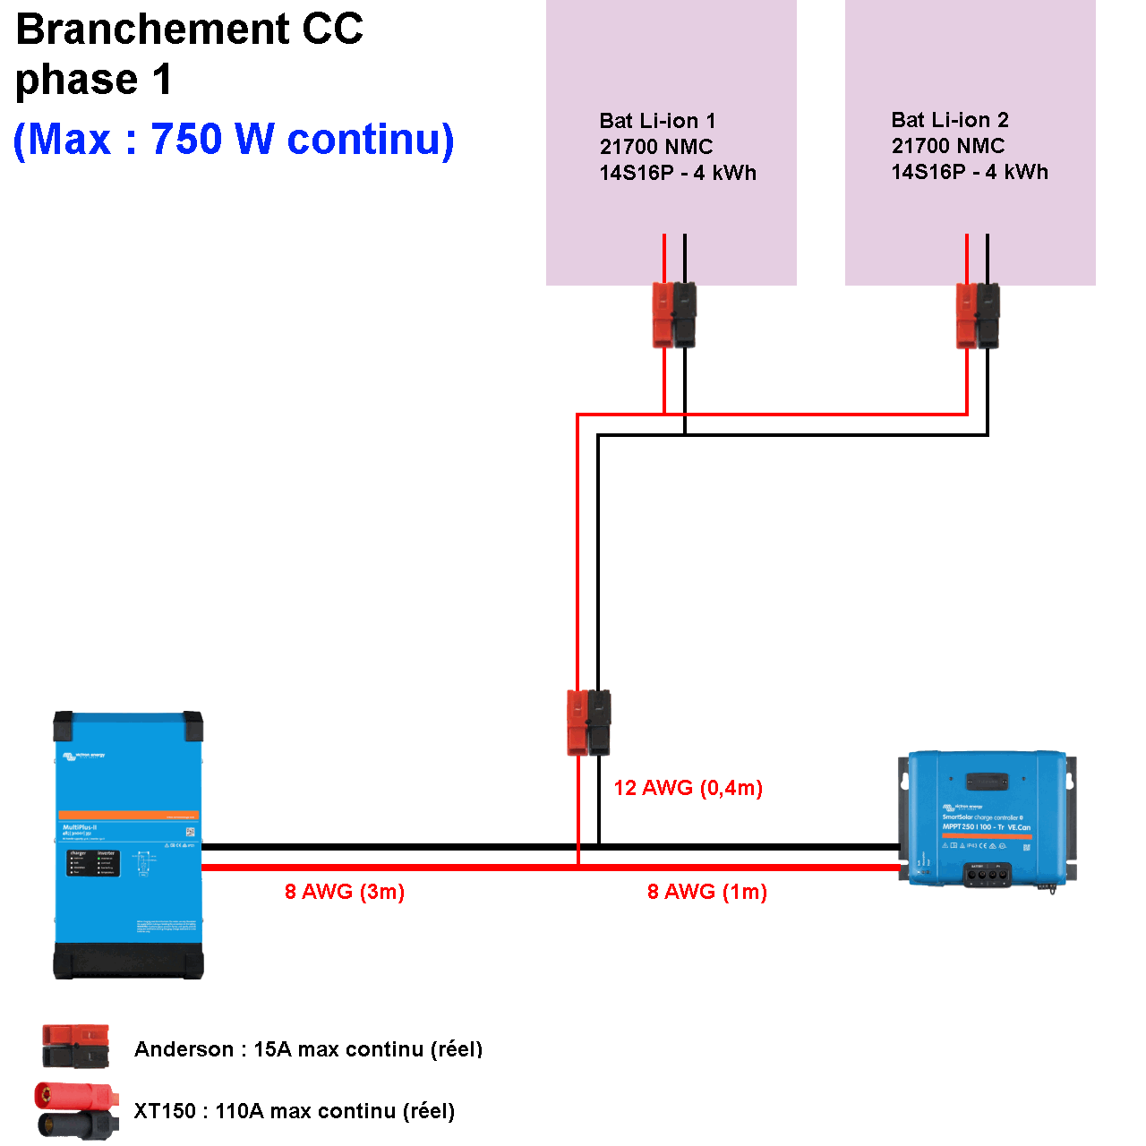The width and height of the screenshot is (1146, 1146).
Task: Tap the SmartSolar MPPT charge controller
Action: point(987,819)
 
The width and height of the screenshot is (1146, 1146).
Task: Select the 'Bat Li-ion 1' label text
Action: point(657,121)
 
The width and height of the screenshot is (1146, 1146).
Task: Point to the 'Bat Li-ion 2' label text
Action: point(950,120)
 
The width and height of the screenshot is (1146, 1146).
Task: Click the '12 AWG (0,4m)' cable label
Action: point(688,788)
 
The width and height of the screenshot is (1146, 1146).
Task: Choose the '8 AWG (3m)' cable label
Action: point(345,892)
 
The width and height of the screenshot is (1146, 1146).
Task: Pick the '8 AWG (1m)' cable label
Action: point(707,892)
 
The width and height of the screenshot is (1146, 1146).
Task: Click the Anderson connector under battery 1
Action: point(674,315)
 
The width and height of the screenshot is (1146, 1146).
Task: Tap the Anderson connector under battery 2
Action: point(978,315)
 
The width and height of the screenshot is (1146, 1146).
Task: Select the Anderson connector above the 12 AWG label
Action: point(589,723)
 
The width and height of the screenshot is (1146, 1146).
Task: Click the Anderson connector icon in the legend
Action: point(76,1047)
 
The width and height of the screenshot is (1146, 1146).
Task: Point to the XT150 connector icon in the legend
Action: point(76,1110)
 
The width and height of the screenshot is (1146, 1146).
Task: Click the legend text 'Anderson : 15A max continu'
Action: point(308,1049)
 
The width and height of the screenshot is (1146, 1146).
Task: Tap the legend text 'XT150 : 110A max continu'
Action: point(294,1111)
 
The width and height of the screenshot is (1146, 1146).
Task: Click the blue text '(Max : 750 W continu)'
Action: point(234,140)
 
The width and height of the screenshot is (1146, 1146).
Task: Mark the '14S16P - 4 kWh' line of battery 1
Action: point(678,173)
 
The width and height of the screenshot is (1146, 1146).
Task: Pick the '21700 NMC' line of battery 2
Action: point(948,146)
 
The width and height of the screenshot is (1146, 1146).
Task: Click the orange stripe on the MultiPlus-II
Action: point(128,815)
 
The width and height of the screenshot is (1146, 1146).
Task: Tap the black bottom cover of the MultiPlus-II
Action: point(128,960)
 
